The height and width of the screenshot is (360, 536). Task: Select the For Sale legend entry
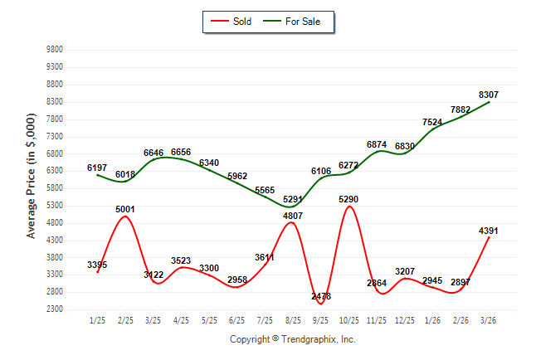296,21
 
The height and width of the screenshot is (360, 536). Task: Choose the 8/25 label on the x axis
292,320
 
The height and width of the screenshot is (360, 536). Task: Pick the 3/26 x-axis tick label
489,320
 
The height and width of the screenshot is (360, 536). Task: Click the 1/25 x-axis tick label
97,320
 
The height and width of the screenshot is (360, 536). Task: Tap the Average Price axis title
31,179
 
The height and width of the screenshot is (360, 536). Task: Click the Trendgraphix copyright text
292,339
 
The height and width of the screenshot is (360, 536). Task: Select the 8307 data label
489,95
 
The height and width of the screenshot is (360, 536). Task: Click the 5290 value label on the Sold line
348,199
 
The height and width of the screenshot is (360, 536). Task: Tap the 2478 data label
321,296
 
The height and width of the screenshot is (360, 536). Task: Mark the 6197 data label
97,168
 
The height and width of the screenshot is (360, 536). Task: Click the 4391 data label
489,231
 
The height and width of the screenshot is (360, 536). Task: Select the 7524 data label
432,122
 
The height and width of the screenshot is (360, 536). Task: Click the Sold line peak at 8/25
292,222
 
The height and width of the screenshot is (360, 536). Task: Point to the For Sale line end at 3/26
489,102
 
